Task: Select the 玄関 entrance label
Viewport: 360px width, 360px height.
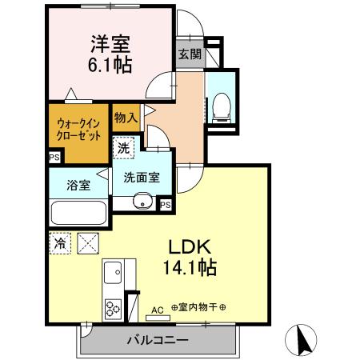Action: tap(190, 55)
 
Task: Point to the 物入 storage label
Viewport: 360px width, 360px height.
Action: tap(126, 118)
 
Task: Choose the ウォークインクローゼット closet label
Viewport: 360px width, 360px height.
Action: tap(77, 130)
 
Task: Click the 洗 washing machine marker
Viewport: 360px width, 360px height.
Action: tap(124, 148)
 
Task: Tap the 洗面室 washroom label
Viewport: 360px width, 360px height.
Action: tap(141, 178)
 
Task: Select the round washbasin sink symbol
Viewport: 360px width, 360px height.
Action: tap(143, 201)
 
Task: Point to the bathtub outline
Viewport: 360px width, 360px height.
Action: tap(78, 214)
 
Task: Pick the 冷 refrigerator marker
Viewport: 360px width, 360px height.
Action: tap(60, 242)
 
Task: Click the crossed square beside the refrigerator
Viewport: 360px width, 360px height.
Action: tap(86, 242)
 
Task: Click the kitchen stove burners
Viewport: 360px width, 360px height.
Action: tap(110, 306)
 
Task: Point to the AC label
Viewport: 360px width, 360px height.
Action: tap(157, 309)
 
